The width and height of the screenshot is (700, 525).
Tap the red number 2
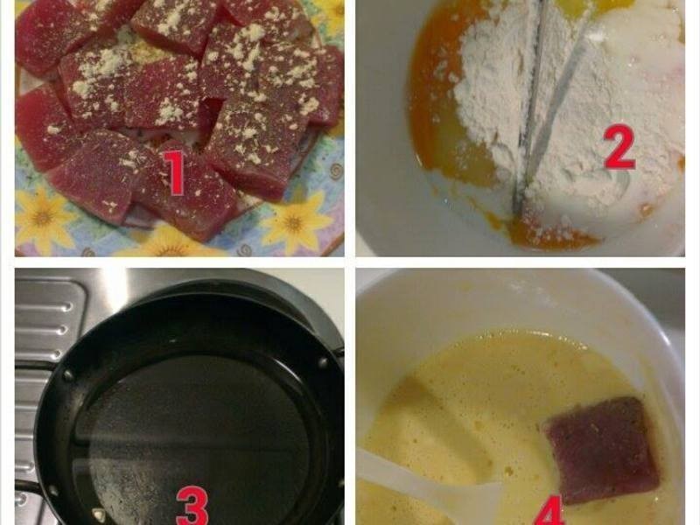coord(619,146)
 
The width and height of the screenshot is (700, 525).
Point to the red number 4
coord(549,514)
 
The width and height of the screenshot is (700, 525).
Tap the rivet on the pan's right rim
coord(322,362)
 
